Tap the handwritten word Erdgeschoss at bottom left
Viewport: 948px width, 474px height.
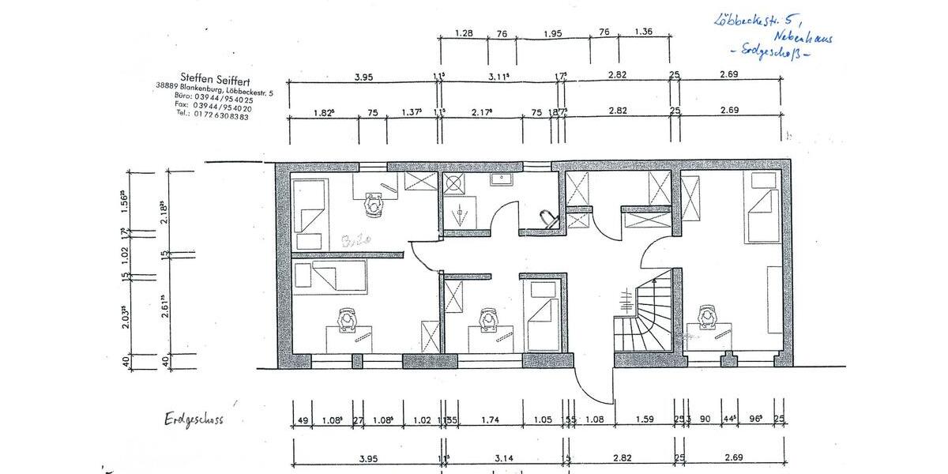tap(194, 418)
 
